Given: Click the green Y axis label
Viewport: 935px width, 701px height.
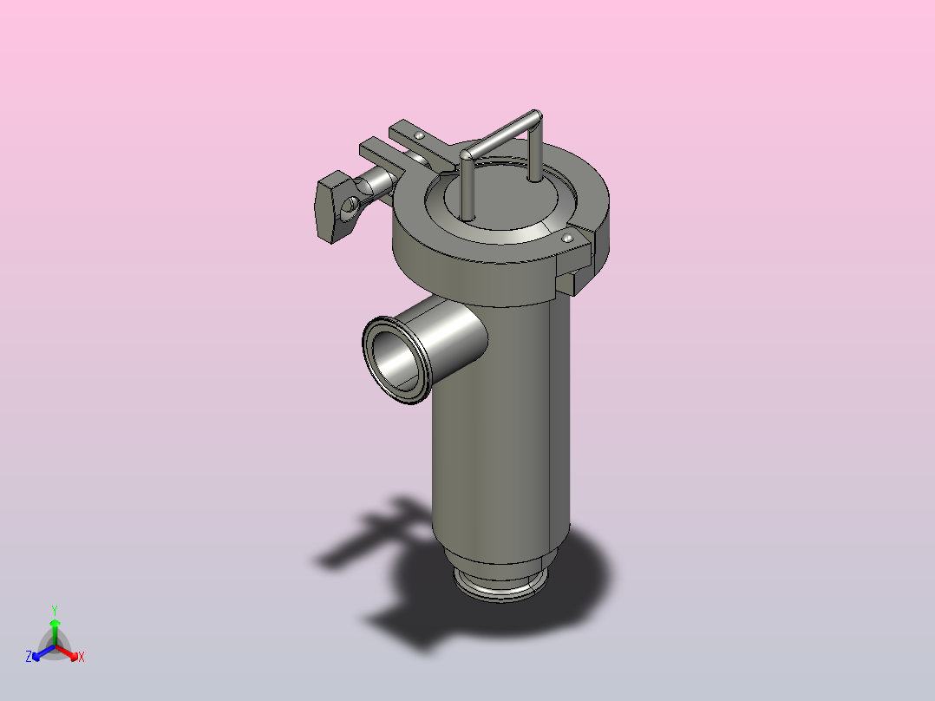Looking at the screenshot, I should [x=55, y=610].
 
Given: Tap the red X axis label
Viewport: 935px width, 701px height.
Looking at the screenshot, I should [x=81, y=658].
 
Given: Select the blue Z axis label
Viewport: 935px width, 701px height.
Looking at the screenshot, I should [x=29, y=658].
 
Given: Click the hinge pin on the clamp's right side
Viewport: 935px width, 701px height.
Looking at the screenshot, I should [x=568, y=237].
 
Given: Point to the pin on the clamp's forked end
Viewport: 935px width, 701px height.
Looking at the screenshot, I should [x=420, y=136].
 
